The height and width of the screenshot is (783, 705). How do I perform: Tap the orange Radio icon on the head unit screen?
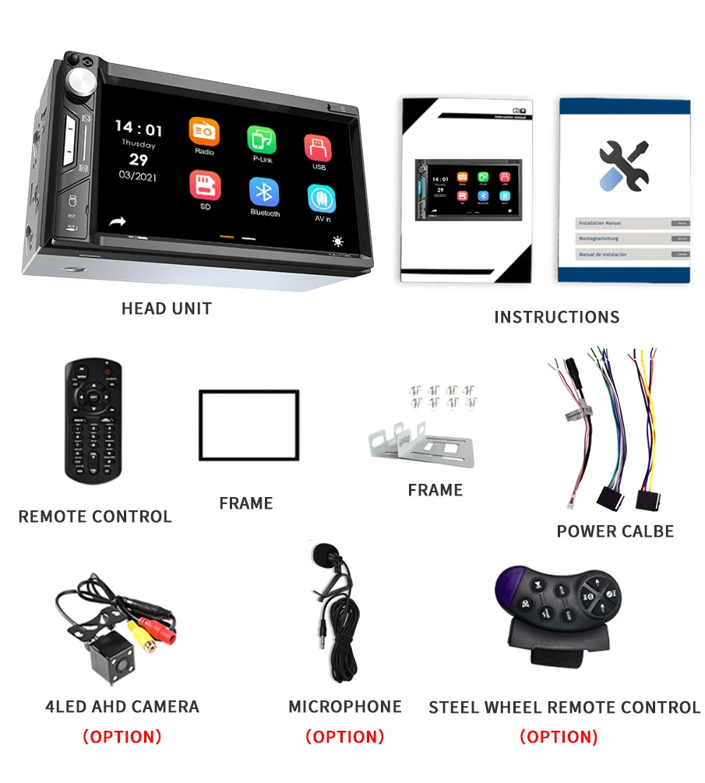click(x=204, y=132)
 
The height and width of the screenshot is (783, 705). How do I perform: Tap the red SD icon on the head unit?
click(x=205, y=185)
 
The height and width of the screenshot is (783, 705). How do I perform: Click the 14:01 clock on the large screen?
click(x=139, y=129)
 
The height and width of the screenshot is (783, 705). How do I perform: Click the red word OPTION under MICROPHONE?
click(x=345, y=736)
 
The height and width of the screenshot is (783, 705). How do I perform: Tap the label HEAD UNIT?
click(x=166, y=309)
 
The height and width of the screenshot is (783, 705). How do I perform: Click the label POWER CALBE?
click(x=615, y=531)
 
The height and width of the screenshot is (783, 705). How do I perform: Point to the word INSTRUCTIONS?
click(x=556, y=317)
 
